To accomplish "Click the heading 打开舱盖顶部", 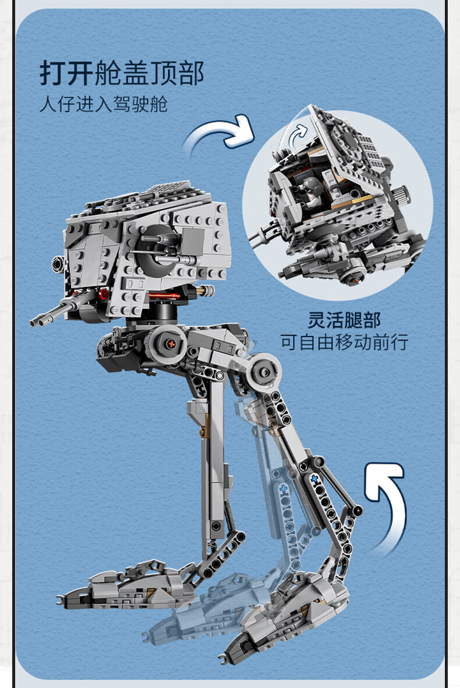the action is point(122,73).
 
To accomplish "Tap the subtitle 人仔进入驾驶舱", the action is point(104,104).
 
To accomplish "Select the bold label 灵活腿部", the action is point(344,320).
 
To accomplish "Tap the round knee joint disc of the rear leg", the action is point(264,371).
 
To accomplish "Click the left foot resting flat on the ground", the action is point(128,586).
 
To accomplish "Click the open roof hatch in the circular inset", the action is point(347,149).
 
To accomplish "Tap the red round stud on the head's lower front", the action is point(103,294).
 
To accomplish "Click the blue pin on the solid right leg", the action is point(314,479).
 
